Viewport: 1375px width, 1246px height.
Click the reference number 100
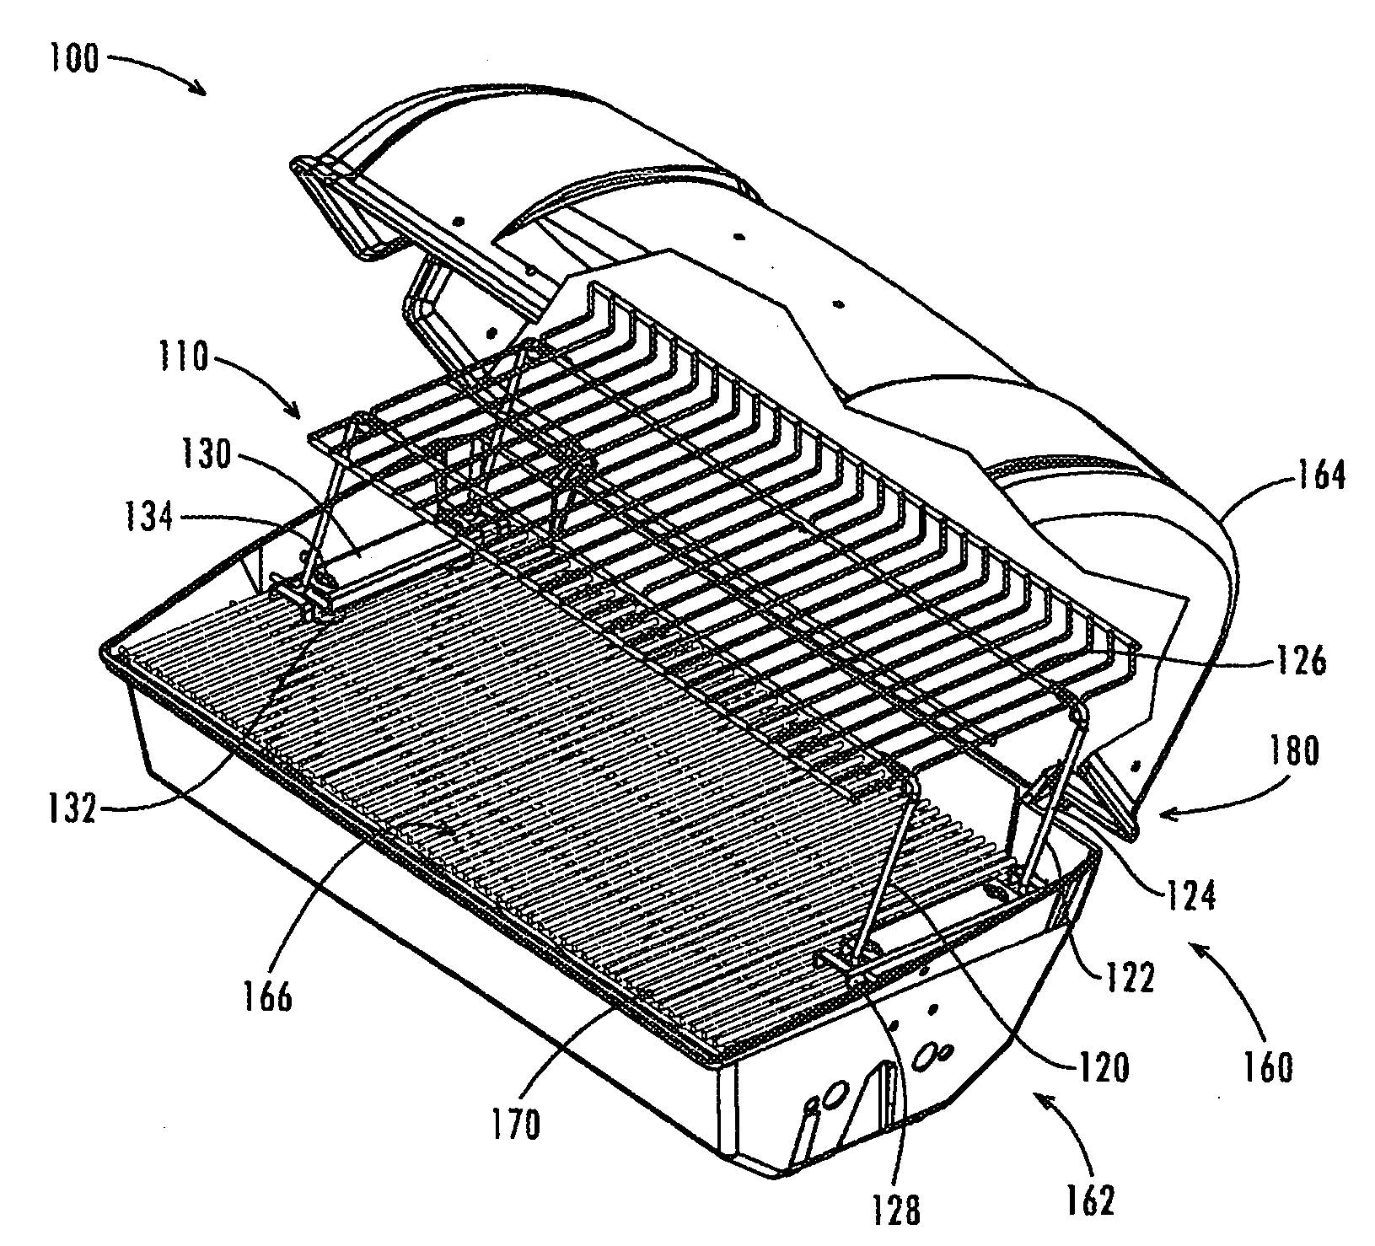click(71, 61)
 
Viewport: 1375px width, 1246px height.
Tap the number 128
click(896, 1211)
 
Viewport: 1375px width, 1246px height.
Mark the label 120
click(1099, 1068)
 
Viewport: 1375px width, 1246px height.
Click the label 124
click(1190, 898)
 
